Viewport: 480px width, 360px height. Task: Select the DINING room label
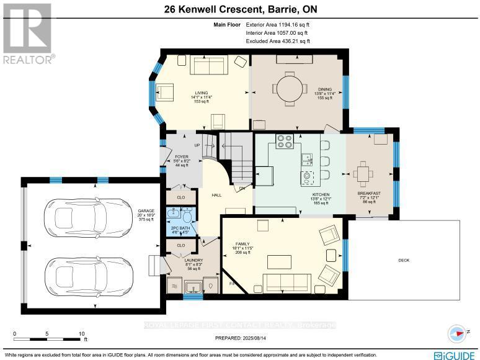[325, 89]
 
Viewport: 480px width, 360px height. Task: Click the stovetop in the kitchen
[284, 142]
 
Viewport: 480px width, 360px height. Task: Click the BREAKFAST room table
[363, 172]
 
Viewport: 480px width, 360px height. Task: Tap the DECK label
[403, 261]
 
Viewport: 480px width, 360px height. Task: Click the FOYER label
[181, 156]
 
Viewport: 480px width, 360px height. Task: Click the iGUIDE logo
[455, 354]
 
